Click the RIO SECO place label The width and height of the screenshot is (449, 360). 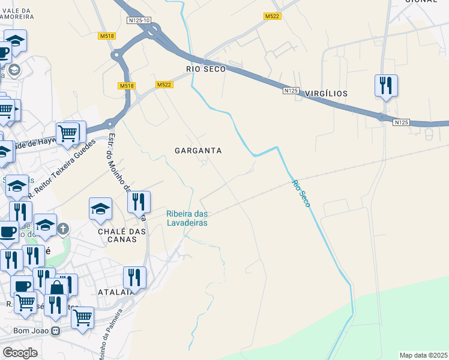click(206, 69)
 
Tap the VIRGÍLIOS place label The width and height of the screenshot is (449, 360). click(326, 94)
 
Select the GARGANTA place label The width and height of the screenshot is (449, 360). click(198, 151)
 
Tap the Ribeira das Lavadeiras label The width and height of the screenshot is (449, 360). click(187, 218)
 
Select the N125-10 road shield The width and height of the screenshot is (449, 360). click(139, 20)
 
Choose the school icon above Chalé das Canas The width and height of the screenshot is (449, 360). click(100, 208)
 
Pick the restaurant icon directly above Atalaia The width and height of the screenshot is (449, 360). click(134, 277)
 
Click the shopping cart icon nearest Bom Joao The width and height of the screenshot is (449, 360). click(82, 317)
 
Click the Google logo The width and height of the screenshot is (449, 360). click(20, 352)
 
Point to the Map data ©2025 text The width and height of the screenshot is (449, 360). click(423, 355)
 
